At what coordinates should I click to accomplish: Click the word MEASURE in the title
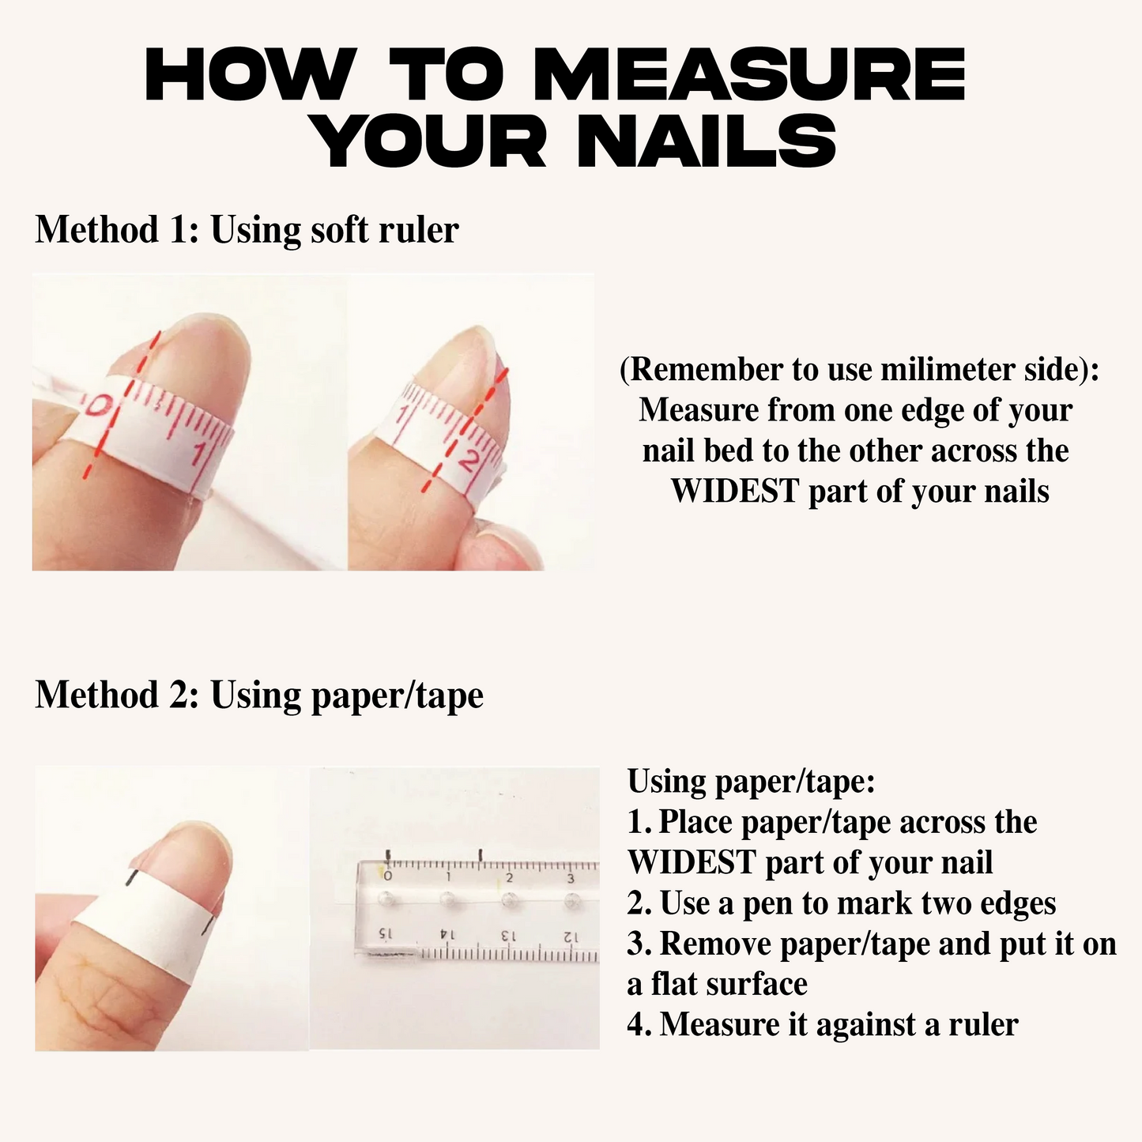pos(750,74)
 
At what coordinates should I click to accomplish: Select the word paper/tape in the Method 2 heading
pos(397,695)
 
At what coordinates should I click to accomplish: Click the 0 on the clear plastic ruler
pos(388,876)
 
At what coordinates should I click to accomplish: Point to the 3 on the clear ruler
pos(571,878)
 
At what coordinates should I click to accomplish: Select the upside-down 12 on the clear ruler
pos(570,937)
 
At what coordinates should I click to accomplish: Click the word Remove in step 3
pos(716,944)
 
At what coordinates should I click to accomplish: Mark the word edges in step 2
pos(1018,904)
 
